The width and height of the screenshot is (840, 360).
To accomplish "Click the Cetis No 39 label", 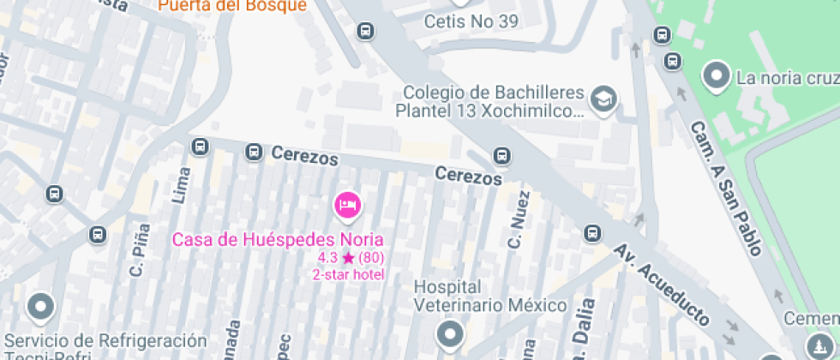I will click(471, 21).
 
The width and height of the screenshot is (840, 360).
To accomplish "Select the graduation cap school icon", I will click(605, 100).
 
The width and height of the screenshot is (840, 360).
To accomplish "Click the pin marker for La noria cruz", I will click(715, 76).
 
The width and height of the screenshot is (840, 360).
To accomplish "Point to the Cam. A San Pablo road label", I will click(726, 188).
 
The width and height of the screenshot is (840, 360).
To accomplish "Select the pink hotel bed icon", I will click(347, 205).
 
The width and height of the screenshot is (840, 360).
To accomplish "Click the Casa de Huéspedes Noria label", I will click(278, 239).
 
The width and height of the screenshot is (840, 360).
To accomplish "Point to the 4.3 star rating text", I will click(351, 257).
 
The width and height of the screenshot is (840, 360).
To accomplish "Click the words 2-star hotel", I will click(348, 274).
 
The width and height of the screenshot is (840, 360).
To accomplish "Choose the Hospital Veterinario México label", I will click(490, 296).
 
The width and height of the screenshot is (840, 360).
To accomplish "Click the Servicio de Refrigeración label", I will click(105, 341).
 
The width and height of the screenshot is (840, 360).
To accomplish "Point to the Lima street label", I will click(180, 184).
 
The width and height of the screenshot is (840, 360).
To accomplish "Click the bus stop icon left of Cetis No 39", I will click(366, 32).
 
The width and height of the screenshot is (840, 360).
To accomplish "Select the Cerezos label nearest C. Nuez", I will click(468, 176).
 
